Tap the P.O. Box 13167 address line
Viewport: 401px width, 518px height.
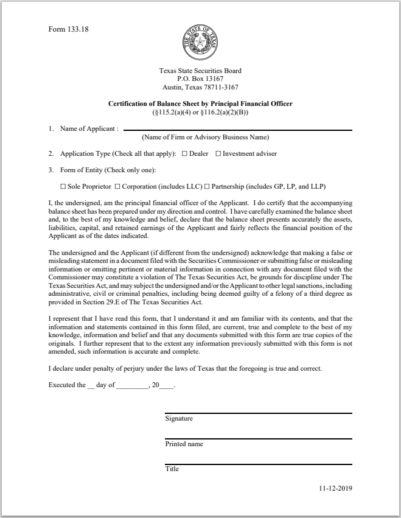(200, 79)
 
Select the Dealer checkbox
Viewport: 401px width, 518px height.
(184, 154)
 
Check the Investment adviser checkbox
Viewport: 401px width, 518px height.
(218, 154)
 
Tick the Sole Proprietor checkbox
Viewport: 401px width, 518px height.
(63, 186)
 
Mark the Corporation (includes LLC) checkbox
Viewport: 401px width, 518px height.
(117, 186)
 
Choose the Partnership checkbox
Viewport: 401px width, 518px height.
(207, 186)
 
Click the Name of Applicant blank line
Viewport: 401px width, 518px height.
(237, 129)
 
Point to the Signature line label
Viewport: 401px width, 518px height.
(179, 419)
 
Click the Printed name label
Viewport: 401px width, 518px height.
(184, 444)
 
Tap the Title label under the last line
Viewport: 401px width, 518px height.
(172, 469)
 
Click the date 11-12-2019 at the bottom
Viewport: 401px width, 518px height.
(335, 488)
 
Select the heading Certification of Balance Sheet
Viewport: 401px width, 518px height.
(200, 103)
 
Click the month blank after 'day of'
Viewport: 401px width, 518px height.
(132, 386)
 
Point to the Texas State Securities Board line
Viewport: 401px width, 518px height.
(200, 71)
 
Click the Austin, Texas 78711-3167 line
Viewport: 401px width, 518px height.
(200, 86)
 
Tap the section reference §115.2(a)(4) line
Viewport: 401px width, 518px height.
(200, 112)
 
